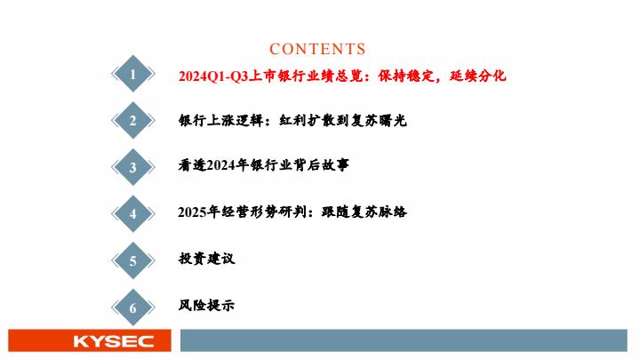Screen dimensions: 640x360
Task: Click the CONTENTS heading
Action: [x=317, y=49]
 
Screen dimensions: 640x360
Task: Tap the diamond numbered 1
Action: [x=133, y=74]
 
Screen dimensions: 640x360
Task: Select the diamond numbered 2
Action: [x=133, y=120]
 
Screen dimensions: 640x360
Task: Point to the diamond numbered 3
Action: [x=133, y=167]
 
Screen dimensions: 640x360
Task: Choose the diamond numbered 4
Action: [x=133, y=213]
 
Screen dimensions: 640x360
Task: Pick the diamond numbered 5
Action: [x=133, y=260]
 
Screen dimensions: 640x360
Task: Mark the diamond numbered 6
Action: [x=133, y=308]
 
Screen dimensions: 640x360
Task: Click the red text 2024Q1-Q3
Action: [x=213, y=76]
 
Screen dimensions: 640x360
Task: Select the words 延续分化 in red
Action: [x=477, y=76]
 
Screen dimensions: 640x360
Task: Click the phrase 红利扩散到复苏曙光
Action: [x=343, y=120]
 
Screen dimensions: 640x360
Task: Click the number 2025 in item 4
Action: [x=192, y=212]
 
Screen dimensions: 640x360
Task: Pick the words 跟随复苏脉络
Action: [x=364, y=212]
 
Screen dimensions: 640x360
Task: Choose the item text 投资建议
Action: [x=206, y=259]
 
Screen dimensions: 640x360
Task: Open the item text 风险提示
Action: [x=206, y=305]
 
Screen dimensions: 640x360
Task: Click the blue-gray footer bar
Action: [x=404, y=340]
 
